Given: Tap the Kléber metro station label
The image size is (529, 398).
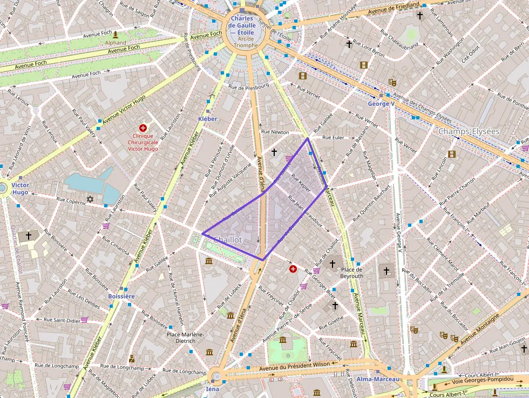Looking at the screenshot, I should (x=207, y=119).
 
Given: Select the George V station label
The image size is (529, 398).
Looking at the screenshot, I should (x=381, y=104).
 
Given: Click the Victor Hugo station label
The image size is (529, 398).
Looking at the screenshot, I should (x=20, y=188).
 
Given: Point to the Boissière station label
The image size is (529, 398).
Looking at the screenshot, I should (x=121, y=296).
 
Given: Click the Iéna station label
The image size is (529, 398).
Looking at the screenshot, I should (x=213, y=389).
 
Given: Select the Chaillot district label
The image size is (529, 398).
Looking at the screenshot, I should (x=228, y=239).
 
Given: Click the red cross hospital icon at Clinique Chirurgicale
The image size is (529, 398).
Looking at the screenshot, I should (x=143, y=128).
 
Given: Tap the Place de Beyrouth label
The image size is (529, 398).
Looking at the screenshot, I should (x=351, y=273).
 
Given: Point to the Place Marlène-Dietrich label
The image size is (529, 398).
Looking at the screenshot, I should (x=185, y=338).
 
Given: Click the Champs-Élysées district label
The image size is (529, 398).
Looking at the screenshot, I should (x=469, y=131).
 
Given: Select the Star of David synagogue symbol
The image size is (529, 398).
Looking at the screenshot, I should (x=90, y=200).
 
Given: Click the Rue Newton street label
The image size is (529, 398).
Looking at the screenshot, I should (x=275, y=132).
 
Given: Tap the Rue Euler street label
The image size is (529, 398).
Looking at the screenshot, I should (x=333, y=138).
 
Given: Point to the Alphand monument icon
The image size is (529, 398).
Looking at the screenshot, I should (x=116, y=35).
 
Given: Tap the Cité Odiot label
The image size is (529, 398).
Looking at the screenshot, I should (x=469, y=54).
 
